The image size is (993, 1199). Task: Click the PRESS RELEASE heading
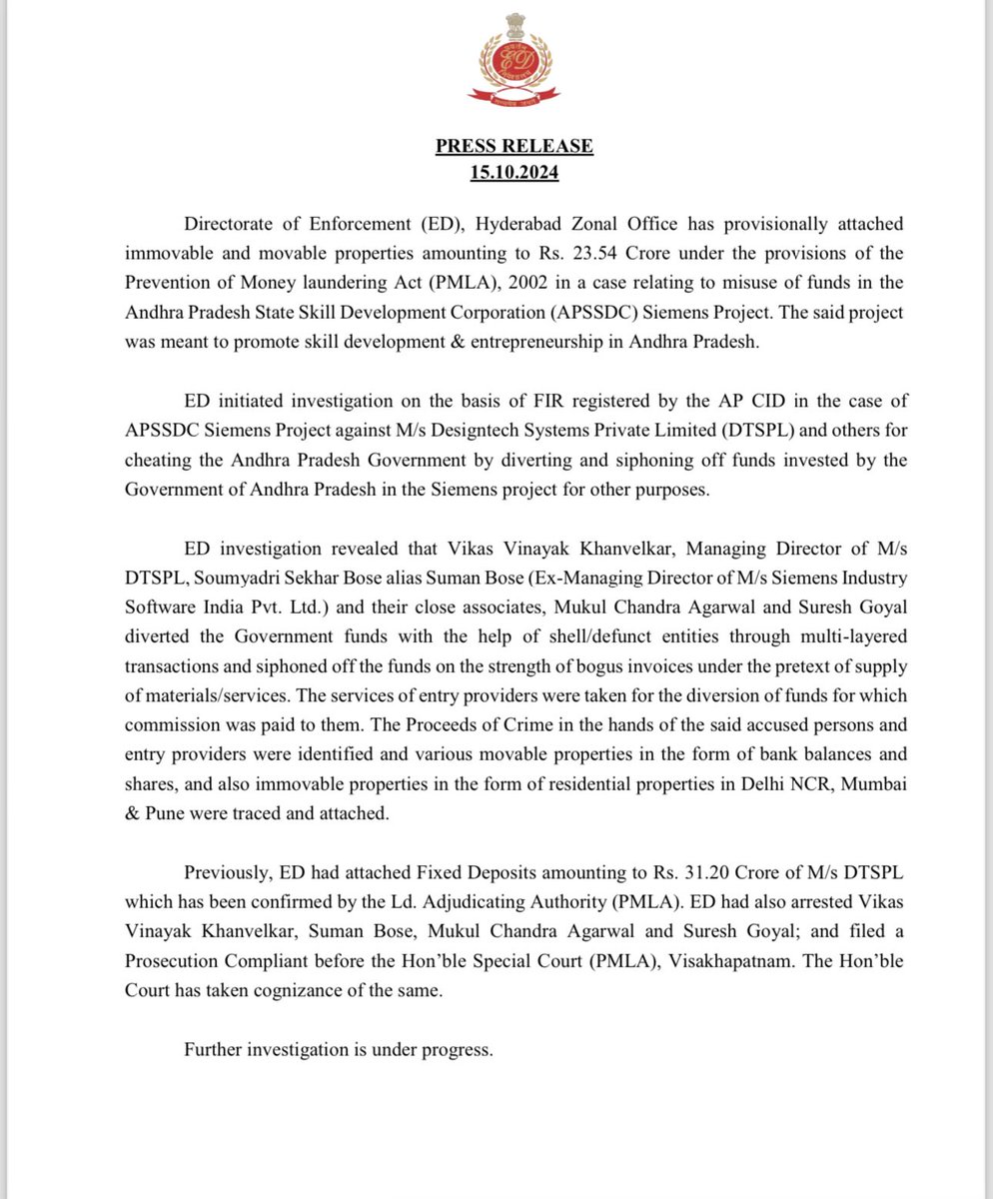tap(513, 147)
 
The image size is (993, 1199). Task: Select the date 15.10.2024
tap(513, 172)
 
